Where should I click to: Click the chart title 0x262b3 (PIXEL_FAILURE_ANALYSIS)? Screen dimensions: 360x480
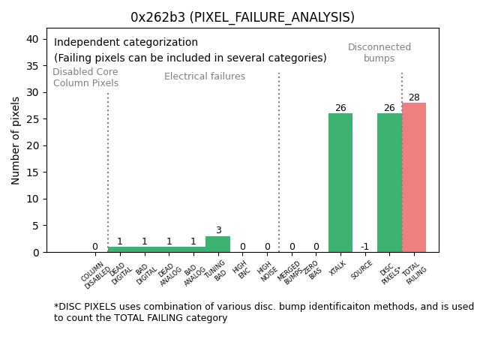(x=242, y=17)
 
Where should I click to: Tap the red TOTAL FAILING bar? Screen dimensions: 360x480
(x=414, y=177)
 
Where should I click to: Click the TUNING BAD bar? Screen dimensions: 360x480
(x=217, y=244)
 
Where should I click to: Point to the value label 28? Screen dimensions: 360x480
(x=414, y=97)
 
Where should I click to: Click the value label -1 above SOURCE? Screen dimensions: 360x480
(x=364, y=247)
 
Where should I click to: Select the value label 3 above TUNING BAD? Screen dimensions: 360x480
(x=218, y=231)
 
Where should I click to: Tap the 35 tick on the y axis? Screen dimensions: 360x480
(x=37, y=66)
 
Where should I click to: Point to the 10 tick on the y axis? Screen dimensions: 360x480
(x=37, y=199)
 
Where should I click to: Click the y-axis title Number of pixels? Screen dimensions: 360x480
(x=16, y=140)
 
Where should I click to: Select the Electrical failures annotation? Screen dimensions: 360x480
(x=205, y=76)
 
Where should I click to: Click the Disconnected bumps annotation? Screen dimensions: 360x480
(x=379, y=53)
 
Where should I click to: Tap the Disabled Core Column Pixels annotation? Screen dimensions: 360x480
(x=85, y=78)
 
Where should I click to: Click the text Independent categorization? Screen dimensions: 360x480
(x=126, y=43)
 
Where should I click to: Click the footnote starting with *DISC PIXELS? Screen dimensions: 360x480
(x=263, y=312)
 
